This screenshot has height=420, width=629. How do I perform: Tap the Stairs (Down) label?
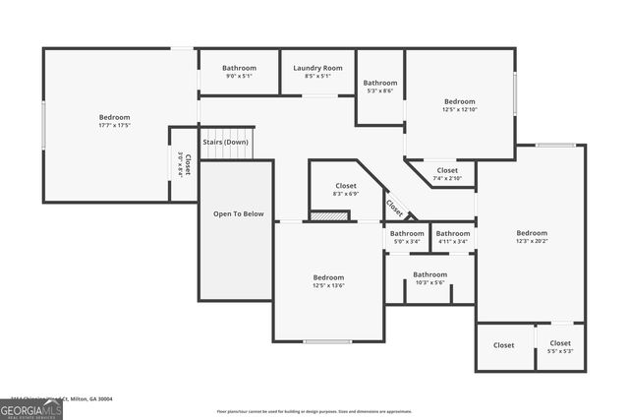(226, 143)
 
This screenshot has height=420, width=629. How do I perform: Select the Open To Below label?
(239, 213)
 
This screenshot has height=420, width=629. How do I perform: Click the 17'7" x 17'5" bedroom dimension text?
(115, 125)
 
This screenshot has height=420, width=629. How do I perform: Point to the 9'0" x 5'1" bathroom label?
(239, 76)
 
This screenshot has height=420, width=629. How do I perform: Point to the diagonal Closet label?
(394, 208)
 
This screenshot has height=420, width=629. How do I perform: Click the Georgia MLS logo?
(30, 407)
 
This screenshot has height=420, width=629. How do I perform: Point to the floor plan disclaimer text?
(314, 411)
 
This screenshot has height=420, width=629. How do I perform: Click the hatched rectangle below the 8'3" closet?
(329, 216)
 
